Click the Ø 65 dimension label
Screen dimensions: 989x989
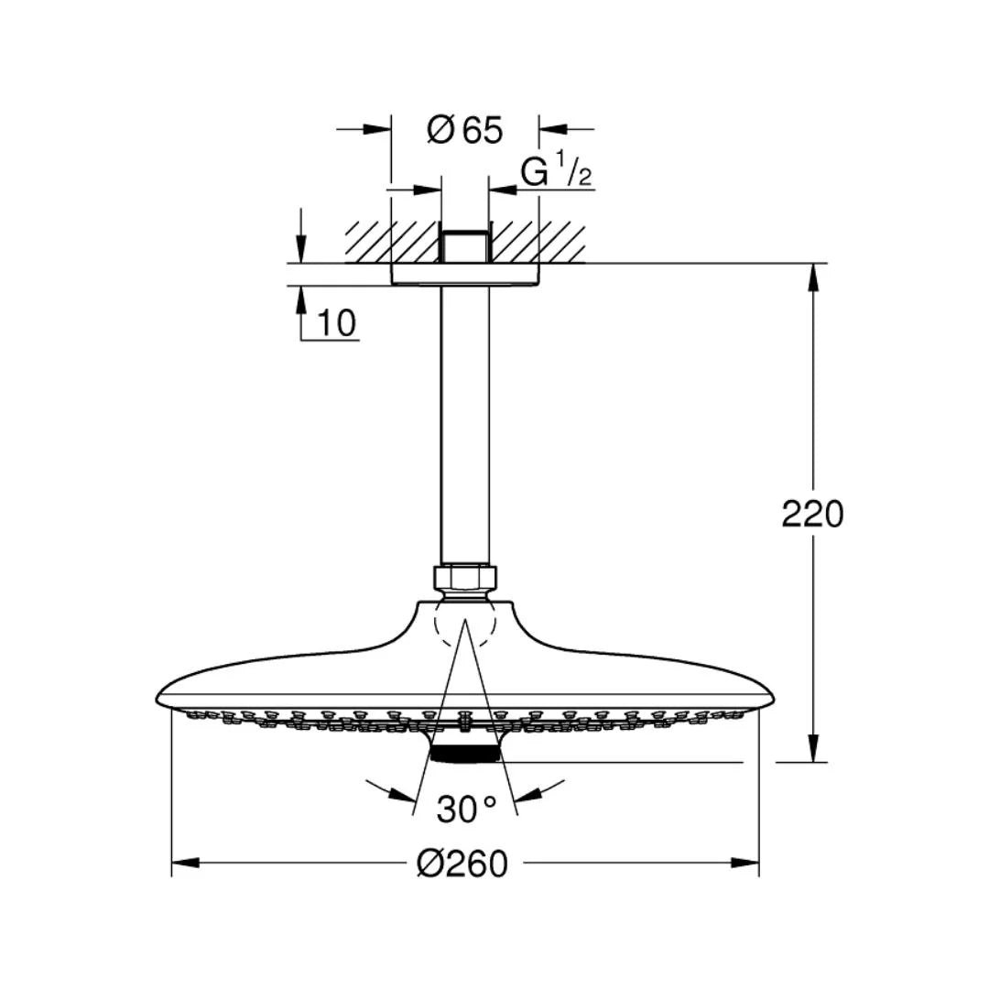465,131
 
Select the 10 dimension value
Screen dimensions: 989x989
337,323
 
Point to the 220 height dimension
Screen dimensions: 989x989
812,514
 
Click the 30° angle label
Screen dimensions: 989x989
467,810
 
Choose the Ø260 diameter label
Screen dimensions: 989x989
462,864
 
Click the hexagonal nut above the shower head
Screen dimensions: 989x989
465,577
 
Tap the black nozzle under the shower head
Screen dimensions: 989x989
465,755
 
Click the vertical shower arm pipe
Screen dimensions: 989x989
465,425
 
